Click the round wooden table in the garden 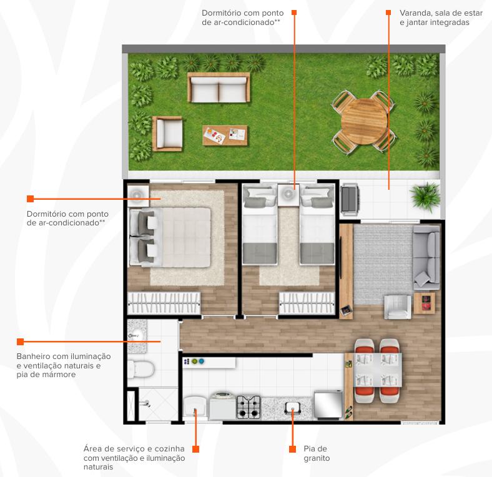click(363, 122)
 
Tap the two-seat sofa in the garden click(219, 87)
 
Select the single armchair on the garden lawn click(167, 134)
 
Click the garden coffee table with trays click(225, 135)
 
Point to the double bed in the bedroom click(170, 237)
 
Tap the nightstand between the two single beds click(288, 195)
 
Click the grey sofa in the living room click(426, 258)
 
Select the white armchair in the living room click(398, 307)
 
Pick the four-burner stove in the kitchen click(248, 407)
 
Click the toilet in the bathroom click(141, 369)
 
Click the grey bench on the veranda click(349, 200)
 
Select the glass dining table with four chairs click(378, 370)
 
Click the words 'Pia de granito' click(317, 453)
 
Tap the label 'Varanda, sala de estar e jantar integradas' click(441, 17)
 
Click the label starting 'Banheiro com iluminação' click(64, 365)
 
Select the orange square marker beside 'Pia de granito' click(292, 449)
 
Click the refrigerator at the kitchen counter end click(328, 405)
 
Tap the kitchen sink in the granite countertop click(292, 408)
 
